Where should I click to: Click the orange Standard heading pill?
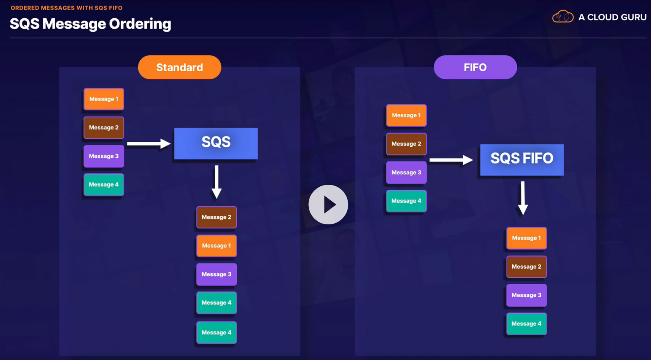click(179, 67)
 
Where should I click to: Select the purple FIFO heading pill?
click(475, 67)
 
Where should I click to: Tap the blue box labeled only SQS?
click(216, 144)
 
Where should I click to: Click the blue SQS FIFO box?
click(522, 160)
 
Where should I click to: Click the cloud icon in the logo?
click(563, 16)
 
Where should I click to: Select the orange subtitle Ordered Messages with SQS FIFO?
click(67, 8)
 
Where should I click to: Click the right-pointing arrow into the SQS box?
click(149, 144)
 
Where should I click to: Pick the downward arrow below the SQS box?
click(216, 182)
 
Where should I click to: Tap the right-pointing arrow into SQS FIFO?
click(451, 160)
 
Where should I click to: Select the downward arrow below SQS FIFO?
click(523, 198)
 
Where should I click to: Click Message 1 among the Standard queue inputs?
click(104, 99)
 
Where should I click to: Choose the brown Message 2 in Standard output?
click(216, 217)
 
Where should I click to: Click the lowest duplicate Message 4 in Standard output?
click(216, 333)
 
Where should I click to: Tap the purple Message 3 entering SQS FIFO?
click(406, 172)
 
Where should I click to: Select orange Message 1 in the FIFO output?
click(526, 238)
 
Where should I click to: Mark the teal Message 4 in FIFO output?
click(526, 324)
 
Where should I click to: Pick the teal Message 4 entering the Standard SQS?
click(104, 184)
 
